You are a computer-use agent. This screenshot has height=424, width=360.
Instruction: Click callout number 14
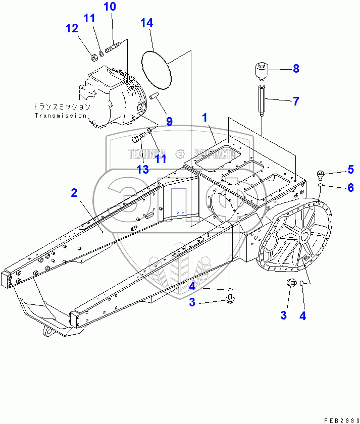click(x=147, y=23)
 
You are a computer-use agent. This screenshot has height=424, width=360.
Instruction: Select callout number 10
click(x=110, y=7)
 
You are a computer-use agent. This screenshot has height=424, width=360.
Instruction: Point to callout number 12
click(x=72, y=28)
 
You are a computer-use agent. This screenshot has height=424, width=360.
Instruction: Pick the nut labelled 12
click(x=94, y=56)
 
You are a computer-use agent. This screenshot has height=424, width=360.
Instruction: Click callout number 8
click(x=296, y=68)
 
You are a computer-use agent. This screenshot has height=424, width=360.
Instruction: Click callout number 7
click(x=296, y=101)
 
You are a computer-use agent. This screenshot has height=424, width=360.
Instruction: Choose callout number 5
click(x=350, y=169)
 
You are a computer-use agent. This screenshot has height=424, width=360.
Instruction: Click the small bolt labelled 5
click(x=321, y=175)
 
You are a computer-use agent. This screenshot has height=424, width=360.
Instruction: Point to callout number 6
click(x=350, y=187)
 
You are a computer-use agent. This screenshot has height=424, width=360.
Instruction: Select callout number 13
click(x=143, y=169)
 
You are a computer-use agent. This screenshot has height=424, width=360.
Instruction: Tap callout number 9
click(x=169, y=121)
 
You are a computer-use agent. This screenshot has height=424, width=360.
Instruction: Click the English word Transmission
click(x=61, y=116)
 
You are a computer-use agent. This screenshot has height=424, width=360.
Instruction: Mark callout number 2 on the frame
click(x=74, y=192)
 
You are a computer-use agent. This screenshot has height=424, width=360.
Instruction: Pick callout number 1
click(x=205, y=118)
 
